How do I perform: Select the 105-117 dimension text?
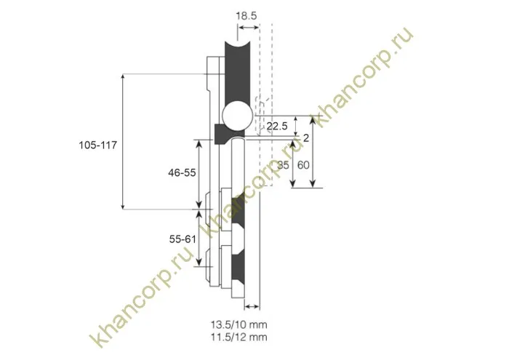(x=98, y=145)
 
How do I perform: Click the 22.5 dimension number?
(x=277, y=127)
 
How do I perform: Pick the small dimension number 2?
(x=305, y=137)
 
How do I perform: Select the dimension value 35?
(x=284, y=165)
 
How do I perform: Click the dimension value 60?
(x=304, y=165)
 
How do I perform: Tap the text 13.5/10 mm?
(x=239, y=324)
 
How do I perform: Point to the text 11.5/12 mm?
(x=239, y=337)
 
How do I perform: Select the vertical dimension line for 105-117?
(x=122, y=142)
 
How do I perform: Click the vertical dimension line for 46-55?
(x=199, y=173)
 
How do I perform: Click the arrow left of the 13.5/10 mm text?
(x=252, y=305)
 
